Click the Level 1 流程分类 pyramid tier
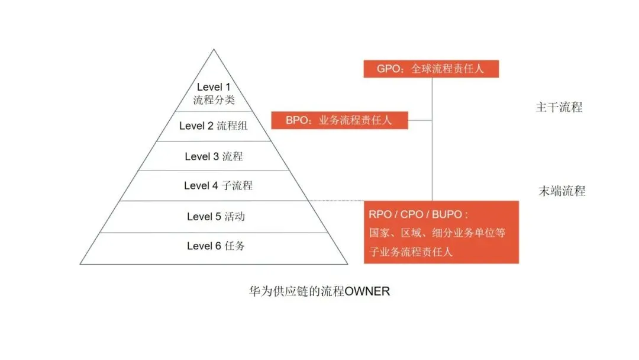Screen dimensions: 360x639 point(214,94)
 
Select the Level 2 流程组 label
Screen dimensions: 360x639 point(214,126)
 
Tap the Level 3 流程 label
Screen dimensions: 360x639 point(214,156)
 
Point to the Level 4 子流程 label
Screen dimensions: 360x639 point(218,185)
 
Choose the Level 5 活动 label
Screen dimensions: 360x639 point(215,216)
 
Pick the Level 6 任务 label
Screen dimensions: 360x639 point(215,246)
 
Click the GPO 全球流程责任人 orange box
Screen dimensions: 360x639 point(431,68)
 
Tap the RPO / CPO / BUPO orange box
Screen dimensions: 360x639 point(441,232)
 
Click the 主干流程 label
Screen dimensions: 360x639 point(559,107)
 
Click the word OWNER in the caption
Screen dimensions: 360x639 point(367,292)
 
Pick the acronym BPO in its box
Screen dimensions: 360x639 point(297,120)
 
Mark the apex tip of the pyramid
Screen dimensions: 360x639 point(214,50)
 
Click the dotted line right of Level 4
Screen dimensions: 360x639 point(337,201)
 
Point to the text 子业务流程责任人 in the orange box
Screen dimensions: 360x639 point(411,251)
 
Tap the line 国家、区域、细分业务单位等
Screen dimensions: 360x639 point(437,233)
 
